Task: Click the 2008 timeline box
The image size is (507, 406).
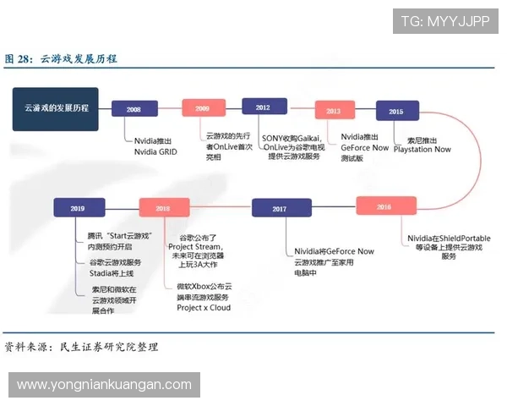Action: coord(134,109)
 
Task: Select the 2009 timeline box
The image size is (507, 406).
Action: coord(204,108)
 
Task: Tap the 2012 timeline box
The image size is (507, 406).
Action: coord(264,107)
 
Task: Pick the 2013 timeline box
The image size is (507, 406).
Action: coord(334,111)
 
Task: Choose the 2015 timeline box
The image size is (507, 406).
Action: coord(395,111)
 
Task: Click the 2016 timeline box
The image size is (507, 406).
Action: coord(384,206)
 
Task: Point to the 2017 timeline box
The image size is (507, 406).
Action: coord(280,208)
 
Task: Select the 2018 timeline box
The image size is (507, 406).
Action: coord(163,208)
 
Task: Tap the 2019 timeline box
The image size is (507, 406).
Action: coord(78,207)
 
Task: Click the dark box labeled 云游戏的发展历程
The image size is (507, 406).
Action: coord(56,108)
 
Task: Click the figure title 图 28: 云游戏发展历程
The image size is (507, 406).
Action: coord(61,58)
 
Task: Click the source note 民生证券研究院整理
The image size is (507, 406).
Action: coord(108,347)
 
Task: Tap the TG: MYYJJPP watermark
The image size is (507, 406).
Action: coord(445,21)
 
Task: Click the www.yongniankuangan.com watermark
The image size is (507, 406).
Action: coord(104,385)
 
